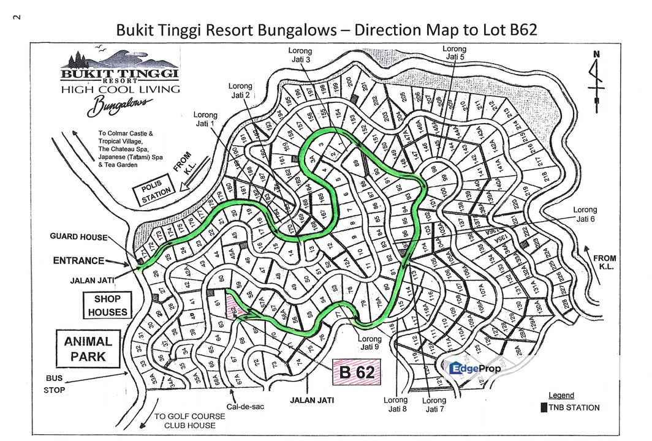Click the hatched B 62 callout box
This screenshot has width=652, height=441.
point(356,371)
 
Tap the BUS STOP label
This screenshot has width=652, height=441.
point(54,384)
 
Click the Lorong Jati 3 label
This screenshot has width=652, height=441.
point(300,56)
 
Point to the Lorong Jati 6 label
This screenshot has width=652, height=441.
point(585,214)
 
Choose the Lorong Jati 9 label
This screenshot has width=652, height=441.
point(370,343)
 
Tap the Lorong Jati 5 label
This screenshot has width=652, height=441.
point(454,53)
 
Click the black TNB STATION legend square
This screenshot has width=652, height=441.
point(543,407)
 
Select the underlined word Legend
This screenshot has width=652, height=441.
point(561,396)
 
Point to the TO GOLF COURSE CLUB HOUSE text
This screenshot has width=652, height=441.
point(190,421)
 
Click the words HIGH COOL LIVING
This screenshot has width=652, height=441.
point(120,89)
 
